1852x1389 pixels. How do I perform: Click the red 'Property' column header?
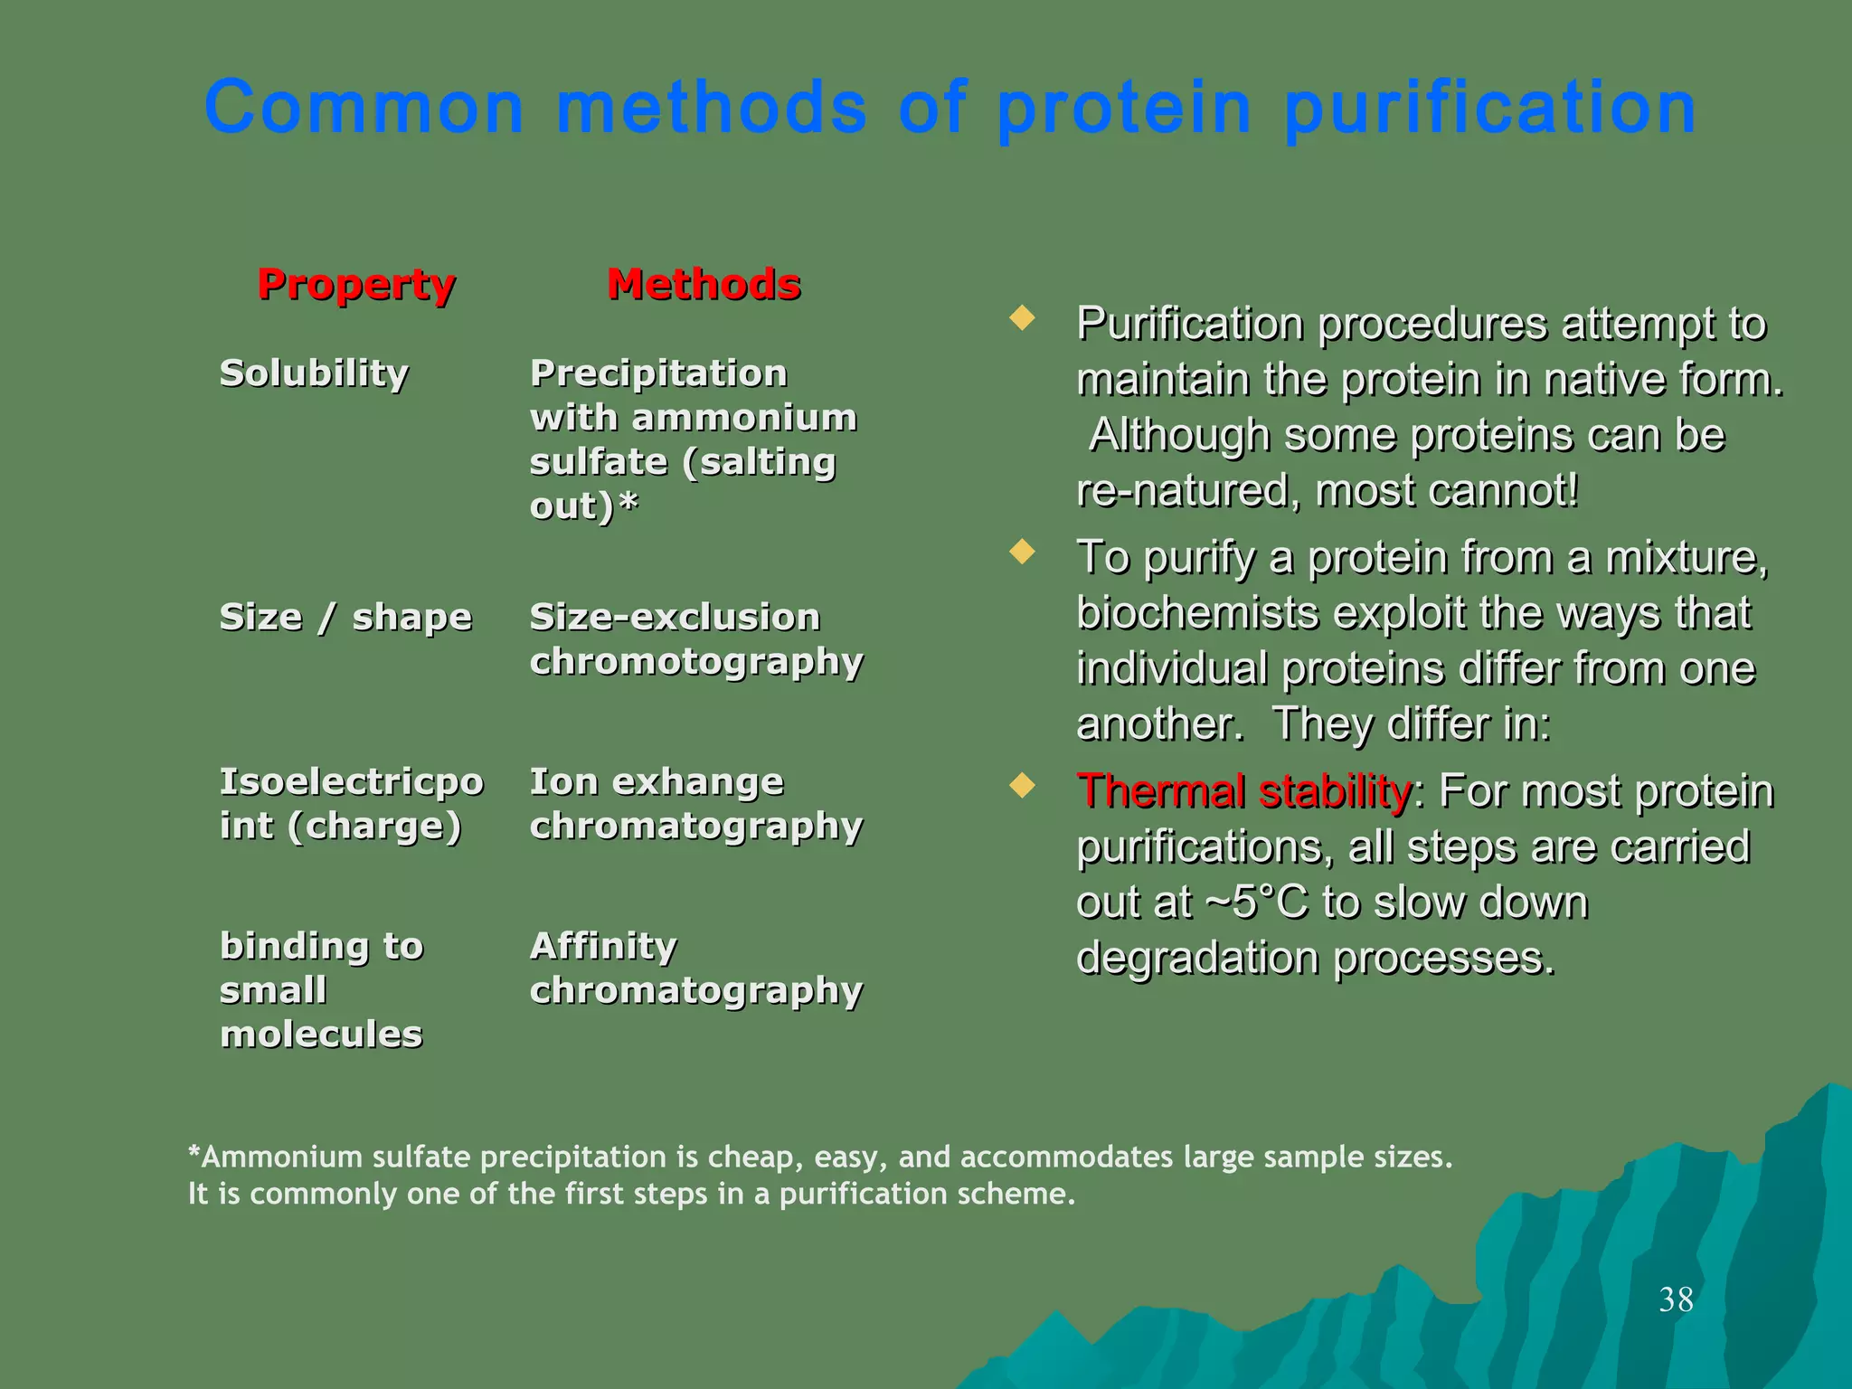tap(356, 285)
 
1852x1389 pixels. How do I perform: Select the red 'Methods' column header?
tap(704, 285)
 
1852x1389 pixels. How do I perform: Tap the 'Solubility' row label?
tap(314, 373)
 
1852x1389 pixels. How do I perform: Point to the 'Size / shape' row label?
tap(345, 618)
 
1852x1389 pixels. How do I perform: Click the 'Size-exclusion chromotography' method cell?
tap(695, 639)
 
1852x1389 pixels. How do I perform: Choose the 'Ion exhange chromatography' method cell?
tap(695, 804)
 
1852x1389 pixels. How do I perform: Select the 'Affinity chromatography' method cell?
tap(695, 969)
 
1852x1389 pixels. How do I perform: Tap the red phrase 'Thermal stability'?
tap(1243, 792)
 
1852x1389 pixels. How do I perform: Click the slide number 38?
tap(1676, 1300)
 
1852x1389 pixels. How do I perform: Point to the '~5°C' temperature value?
tap(1256, 902)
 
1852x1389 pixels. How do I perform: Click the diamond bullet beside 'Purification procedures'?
tap(1022, 318)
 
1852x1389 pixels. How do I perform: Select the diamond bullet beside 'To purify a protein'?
tap(1022, 552)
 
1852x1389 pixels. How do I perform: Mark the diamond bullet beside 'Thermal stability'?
tap(1022, 785)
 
